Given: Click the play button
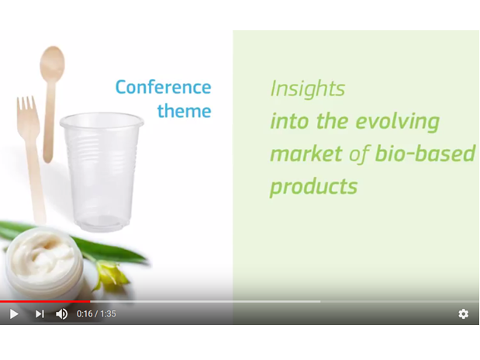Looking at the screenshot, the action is point(14,314).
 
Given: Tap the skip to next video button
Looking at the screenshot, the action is point(40,314).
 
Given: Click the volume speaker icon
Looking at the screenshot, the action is point(61,314).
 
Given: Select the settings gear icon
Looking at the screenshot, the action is point(463,314).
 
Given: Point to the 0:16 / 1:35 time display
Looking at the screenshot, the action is point(96,314).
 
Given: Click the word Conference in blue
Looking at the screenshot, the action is point(163,88).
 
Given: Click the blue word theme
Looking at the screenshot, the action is point(185,111).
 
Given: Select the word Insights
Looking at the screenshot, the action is point(308,89).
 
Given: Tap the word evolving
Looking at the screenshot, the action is point(398,122).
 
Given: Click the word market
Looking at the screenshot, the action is point(306,154).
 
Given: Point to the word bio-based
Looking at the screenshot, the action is point(425,153).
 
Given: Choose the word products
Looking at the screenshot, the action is point(314,187).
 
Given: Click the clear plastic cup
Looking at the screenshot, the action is point(102,172).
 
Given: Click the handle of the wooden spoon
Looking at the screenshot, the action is point(49,122).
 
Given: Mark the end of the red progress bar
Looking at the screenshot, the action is point(90,302).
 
